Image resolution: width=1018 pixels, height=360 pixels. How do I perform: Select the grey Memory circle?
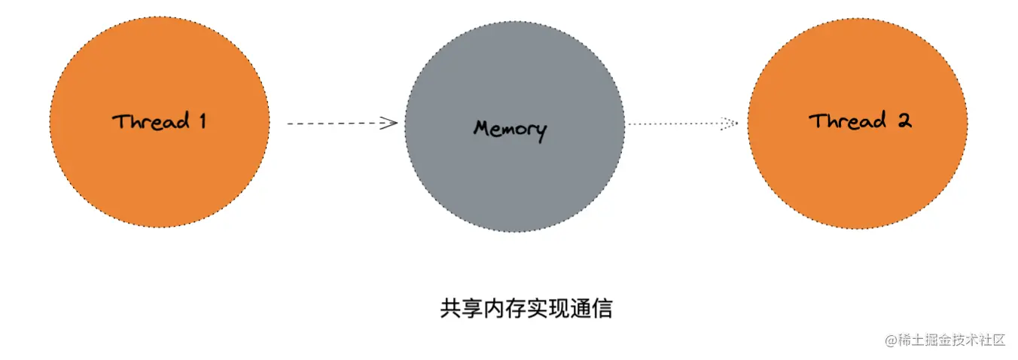(514, 173)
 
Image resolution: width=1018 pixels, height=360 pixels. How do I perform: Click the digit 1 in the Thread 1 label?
(201, 121)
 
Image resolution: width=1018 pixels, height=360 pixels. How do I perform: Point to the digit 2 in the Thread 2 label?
(904, 121)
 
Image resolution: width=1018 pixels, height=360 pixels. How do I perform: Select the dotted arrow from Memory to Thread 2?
(678, 124)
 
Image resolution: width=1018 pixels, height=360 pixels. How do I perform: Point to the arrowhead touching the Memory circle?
(390, 124)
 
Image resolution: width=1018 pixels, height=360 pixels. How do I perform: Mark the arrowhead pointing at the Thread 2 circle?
(729, 124)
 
